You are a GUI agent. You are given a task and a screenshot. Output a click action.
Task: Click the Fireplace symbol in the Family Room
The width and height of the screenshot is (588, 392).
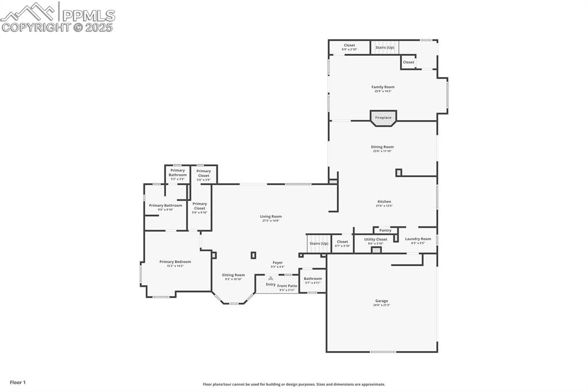coord(383,118)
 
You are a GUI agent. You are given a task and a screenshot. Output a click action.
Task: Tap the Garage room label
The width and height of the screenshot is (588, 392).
coord(381,301)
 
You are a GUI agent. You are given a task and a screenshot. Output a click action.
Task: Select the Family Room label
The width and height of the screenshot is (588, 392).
coord(383,87)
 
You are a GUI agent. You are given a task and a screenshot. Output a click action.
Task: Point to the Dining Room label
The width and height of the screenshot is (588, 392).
coord(382,147)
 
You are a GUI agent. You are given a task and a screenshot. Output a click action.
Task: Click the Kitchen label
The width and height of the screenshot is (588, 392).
coord(384,202)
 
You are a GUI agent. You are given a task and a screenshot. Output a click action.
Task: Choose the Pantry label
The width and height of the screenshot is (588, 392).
coord(385,230)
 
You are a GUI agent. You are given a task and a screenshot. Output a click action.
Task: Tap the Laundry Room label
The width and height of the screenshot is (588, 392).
coord(417,239)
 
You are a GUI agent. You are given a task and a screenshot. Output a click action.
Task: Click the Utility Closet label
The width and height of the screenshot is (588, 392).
coord(376,239)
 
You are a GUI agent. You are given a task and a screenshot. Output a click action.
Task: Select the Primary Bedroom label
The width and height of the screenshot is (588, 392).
coord(175,262)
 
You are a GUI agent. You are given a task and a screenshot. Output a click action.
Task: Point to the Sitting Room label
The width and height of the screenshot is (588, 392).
coord(233,275)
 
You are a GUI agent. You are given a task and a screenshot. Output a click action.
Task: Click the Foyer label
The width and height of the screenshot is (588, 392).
coord(277,263)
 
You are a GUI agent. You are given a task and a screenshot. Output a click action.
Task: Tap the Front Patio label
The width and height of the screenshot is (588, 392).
coord(287,286)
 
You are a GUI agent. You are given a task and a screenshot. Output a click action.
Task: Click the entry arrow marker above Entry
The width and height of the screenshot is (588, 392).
coord(270,278)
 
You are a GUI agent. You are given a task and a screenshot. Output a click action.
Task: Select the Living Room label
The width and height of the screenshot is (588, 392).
coord(270,217)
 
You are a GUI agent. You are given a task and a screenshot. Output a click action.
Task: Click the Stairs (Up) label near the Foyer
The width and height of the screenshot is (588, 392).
coord(319,244)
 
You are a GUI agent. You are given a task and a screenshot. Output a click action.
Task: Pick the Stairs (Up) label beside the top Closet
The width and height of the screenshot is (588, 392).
coord(385,47)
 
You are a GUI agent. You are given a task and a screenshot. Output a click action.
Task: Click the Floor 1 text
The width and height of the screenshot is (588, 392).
coord(18,382)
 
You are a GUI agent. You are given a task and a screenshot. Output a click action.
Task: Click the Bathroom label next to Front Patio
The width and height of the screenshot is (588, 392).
coord(313,279)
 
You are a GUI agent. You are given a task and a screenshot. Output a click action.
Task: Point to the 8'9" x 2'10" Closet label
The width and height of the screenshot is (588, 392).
coord(349,45)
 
